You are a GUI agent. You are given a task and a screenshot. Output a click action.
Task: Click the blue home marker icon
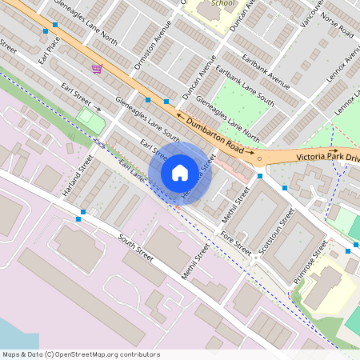point(180,172)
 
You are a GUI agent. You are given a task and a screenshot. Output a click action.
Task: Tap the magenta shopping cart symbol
point(98,69)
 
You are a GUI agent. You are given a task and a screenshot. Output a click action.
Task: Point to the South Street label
point(135,248)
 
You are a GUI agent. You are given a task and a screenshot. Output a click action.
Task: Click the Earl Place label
point(48,50)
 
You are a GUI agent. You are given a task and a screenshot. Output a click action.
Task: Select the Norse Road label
point(336,26)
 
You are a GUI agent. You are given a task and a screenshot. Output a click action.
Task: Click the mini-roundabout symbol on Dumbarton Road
point(259,158)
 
